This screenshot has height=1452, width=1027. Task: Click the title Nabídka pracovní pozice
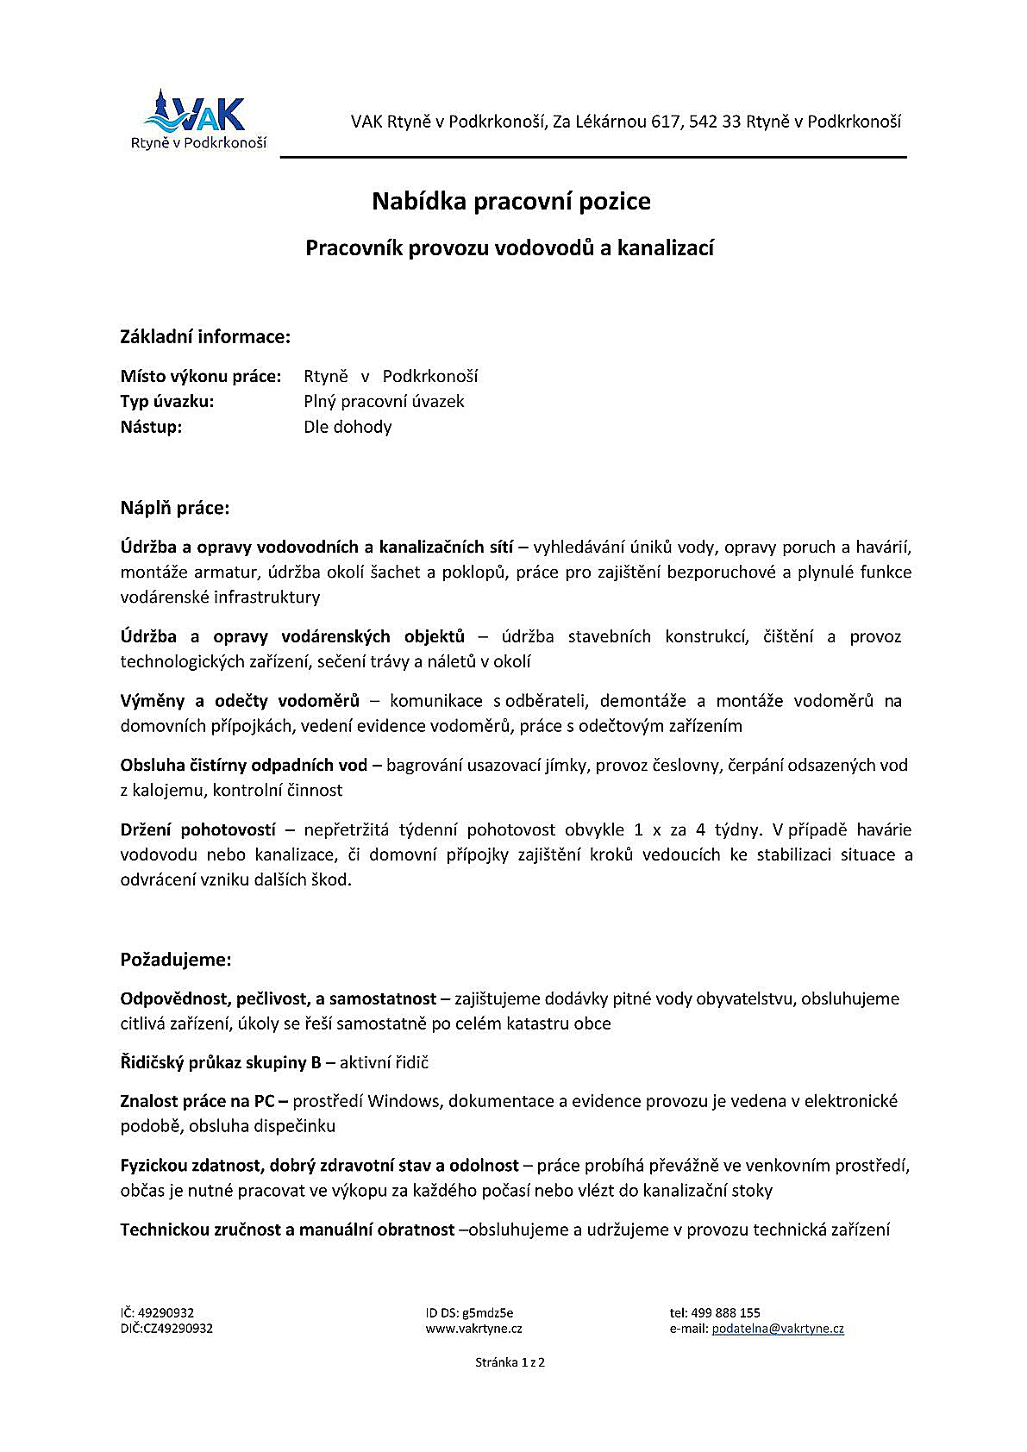511,202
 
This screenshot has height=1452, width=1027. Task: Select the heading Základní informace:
205,336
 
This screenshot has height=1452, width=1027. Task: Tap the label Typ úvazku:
167,401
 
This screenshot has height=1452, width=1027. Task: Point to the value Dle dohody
348,427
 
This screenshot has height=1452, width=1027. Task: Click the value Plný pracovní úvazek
384,401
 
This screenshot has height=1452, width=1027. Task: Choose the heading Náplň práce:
175,508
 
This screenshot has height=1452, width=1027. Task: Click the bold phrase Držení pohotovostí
198,830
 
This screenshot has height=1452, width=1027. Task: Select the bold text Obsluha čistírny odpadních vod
244,765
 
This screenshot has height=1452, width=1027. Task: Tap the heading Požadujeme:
176,960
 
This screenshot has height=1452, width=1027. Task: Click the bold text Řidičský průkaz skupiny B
221,1062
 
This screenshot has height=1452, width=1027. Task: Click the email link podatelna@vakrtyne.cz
778,1329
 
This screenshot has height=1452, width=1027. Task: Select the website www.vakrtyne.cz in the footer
473,1329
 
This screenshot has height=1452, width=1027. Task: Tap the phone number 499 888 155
725,1312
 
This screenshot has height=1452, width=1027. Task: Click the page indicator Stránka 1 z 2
510,1362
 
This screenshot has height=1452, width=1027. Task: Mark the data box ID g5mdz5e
488,1312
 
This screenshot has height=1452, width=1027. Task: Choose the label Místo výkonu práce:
201,376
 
